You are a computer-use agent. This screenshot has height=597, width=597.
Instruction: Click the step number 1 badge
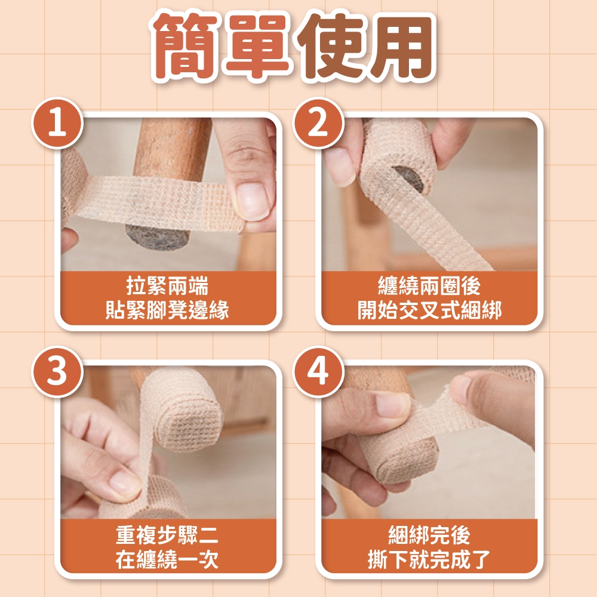(x=57, y=124)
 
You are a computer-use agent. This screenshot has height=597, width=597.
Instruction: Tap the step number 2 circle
(x=318, y=124)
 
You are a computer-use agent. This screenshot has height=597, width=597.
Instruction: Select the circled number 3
(x=57, y=372)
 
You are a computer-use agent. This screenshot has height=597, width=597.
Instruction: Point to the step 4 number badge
(x=318, y=372)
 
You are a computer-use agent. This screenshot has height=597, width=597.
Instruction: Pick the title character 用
(x=403, y=47)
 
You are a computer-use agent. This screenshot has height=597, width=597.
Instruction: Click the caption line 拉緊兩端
(x=168, y=286)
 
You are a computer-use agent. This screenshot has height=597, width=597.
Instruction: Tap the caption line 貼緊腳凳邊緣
(x=168, y=310)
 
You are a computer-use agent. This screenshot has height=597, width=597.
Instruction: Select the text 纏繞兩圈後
(x=429, y=286)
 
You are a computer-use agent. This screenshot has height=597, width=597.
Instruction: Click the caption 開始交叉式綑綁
(x=429, y=310)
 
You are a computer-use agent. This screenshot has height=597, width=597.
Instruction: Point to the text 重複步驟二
(x=168, y=535)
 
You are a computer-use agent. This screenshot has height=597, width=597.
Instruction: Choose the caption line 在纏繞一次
(x=168, y=559)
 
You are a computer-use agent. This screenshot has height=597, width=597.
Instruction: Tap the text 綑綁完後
(x=429, y=535)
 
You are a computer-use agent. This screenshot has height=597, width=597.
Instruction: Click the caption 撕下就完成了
(x=429, y=559)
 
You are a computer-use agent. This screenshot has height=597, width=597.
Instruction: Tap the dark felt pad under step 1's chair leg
(x=157, y=238)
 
